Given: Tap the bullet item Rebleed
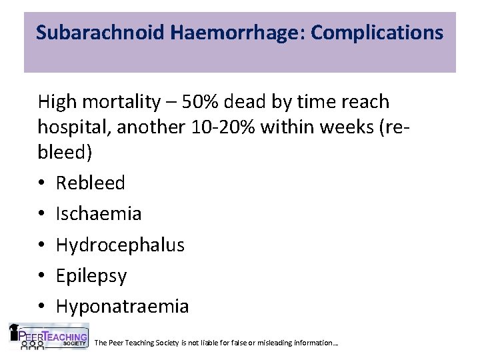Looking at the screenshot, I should click(90, 183).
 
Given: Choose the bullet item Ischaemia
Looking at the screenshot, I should click(99, 214).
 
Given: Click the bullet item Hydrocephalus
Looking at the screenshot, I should click(120, 245).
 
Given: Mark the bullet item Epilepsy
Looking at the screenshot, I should click(91, 276).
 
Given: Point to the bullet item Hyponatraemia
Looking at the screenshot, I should click(123, 307).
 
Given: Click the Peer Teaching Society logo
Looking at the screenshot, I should click(47, 337).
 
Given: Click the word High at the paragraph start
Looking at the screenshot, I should click(57, 103).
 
